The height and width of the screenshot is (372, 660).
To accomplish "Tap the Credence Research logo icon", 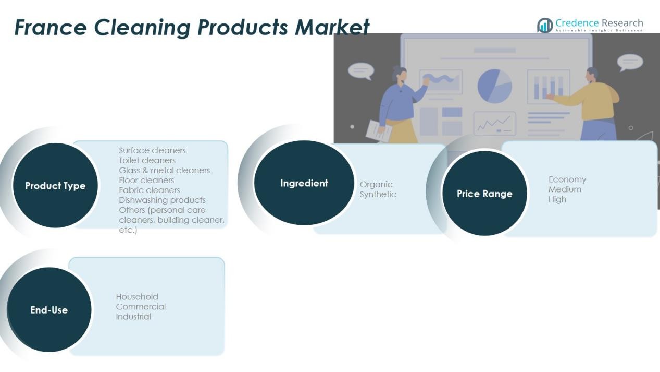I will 545,25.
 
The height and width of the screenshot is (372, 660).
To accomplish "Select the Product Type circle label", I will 55,186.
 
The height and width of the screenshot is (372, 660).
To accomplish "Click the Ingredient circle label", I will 304,183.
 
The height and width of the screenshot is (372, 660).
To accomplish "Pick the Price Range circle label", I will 484,194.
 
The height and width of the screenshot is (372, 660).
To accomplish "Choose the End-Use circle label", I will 49,310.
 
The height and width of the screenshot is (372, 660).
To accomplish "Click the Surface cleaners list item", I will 152,150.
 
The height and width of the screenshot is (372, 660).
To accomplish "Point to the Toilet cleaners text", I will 147,160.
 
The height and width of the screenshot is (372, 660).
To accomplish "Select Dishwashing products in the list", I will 162,200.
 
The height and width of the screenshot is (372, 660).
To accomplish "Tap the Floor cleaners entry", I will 146,180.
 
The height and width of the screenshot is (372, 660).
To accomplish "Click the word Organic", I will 376,184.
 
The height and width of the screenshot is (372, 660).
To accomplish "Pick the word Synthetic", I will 378,194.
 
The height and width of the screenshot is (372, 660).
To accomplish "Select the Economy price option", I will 567,179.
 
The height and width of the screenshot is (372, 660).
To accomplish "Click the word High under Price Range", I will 557,199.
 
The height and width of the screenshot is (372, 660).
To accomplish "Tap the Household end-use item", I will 137,297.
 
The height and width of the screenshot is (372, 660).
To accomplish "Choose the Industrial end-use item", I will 133,317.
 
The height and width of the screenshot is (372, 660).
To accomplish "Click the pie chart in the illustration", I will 494,85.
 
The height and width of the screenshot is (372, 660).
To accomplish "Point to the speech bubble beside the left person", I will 361,71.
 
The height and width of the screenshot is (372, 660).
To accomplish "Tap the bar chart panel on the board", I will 548,87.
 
